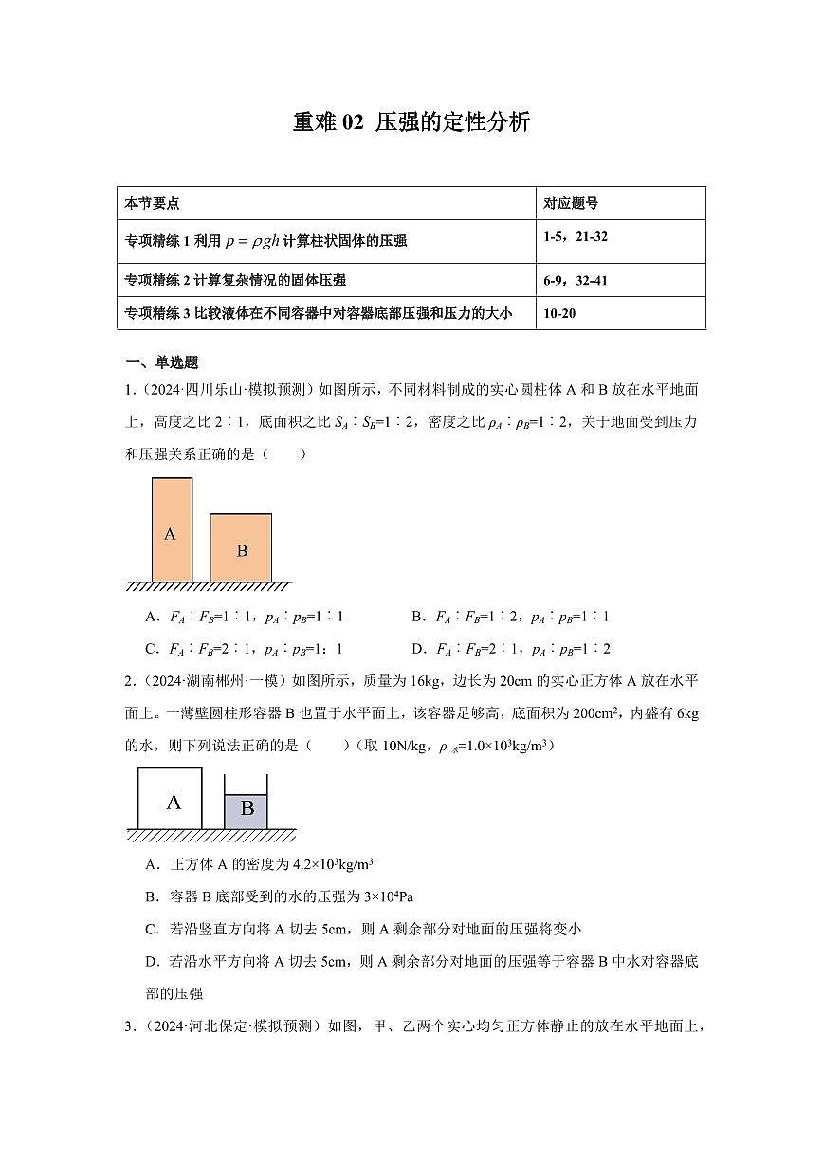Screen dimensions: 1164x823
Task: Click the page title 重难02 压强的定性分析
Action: pos(411,122)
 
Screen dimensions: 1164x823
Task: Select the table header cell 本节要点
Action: pos(153,204)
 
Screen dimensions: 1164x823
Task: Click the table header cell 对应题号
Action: pos(571,204)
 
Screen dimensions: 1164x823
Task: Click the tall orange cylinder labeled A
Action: pos(172,530)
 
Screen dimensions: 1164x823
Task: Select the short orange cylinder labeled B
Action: pos(241,548)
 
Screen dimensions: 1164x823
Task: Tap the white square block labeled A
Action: pos(171,799)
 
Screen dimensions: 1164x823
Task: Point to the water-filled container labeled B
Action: pos(246,809)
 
